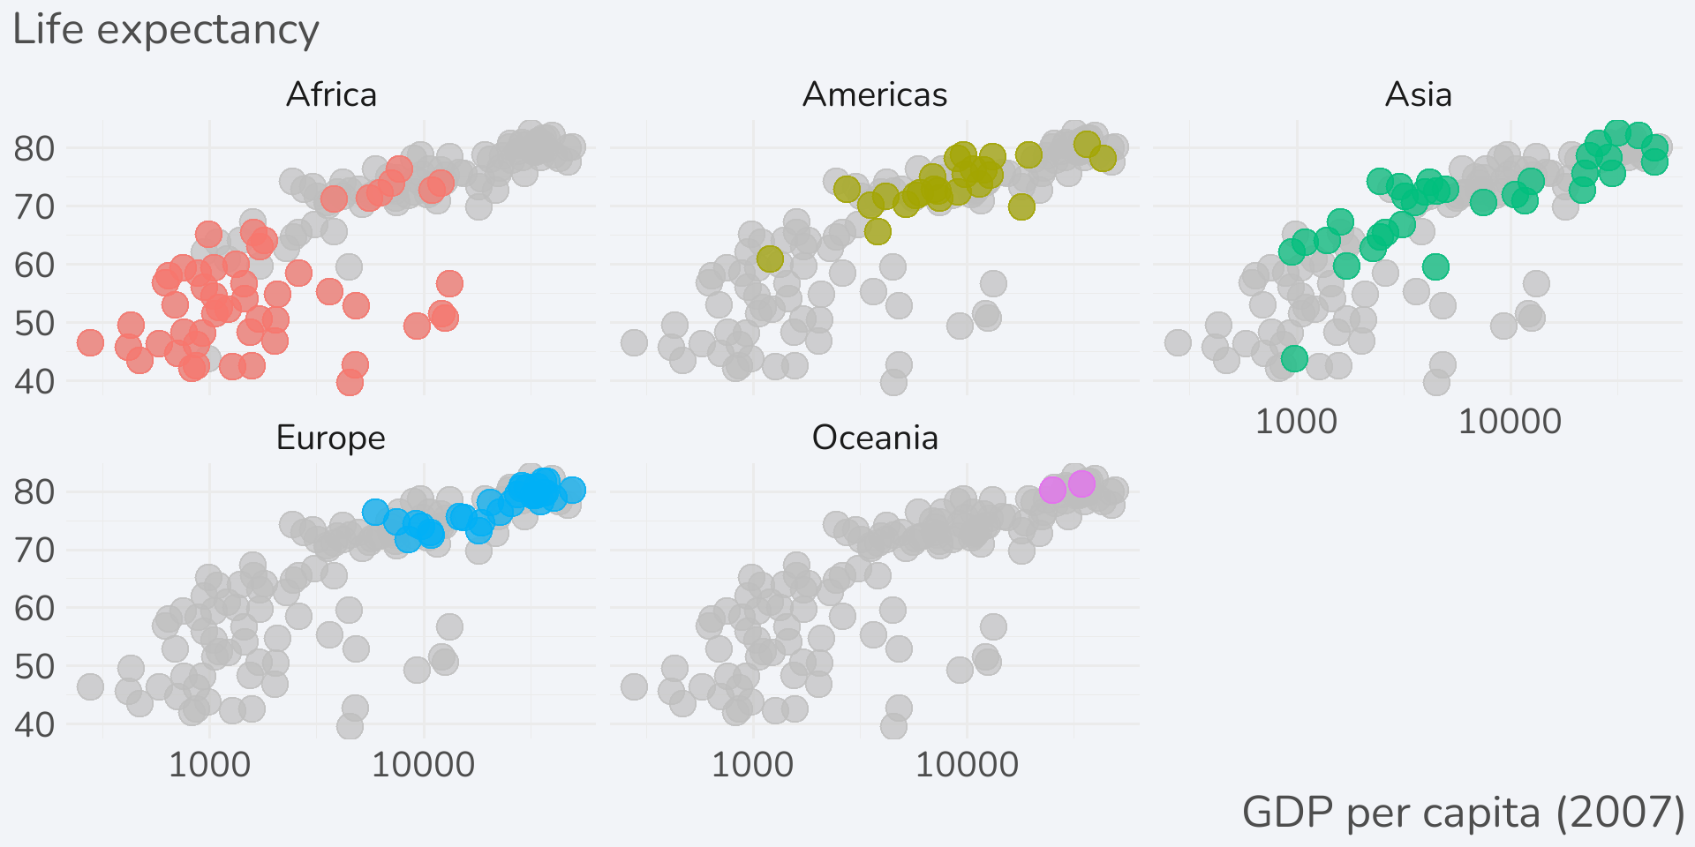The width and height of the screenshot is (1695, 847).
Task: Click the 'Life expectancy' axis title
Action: (x=165, y=30)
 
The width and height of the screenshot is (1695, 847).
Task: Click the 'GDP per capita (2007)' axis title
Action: (x=1463, y=812)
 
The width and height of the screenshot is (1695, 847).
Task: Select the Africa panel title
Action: (x=331, y=94)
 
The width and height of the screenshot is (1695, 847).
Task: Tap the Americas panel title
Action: (x=874, y=94)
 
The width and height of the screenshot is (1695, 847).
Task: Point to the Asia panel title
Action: (x=1418, y=94)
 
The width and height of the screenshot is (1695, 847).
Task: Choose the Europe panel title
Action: (x=331, y=438)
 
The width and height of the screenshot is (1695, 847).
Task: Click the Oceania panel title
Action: (x=874, y=438)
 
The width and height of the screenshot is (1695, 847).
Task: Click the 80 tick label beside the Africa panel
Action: (x=34, y=148)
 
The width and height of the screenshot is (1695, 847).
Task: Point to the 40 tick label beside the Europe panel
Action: (x=34, y=725)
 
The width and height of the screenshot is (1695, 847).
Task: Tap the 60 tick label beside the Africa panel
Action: (x=34, y=265)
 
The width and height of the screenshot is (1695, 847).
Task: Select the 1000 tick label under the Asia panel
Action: (x=1296, y=422)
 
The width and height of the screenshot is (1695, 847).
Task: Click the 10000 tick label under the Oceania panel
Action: (x=967, y=765)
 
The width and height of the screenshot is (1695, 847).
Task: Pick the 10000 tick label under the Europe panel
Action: (x=423, y=765)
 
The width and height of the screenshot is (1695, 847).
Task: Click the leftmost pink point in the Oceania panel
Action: (x=1052, y=490)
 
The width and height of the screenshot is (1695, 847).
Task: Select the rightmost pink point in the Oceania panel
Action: (x=1081, y=483)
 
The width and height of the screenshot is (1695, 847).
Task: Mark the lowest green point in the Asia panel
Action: (x=1294, y=358)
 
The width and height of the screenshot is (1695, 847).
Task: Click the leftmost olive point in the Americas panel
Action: (x=770, y=259)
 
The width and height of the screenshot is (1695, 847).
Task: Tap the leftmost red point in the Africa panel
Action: (x=90, y=342)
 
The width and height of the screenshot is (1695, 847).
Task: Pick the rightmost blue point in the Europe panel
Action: (x=572, y=490)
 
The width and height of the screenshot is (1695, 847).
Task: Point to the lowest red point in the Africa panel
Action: (x=350, y=382)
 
